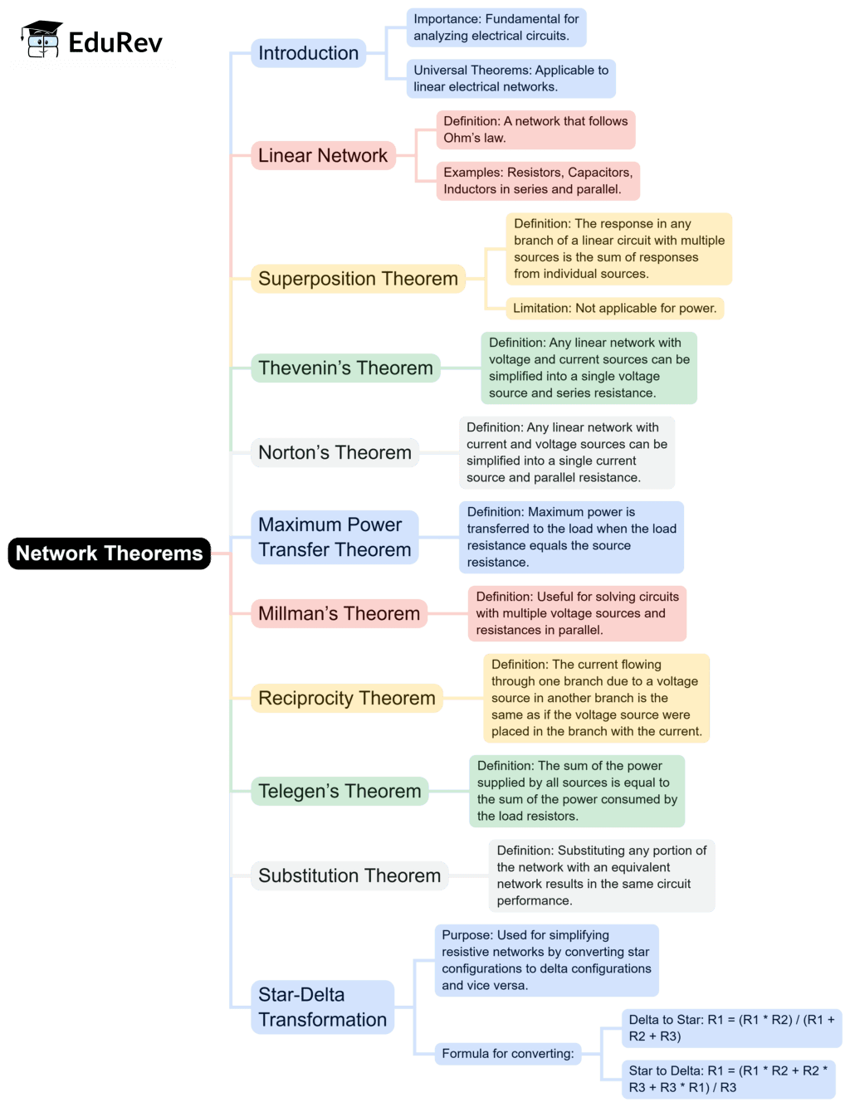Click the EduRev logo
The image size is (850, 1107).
(x=93, y=40)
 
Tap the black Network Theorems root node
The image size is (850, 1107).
(x=109, y=553)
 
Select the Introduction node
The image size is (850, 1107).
(x=308, y=53)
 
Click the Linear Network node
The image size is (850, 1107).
(x=322, y=155)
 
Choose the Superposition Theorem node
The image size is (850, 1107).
(x=358, y=279)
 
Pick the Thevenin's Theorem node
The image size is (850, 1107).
(x=345, y=368)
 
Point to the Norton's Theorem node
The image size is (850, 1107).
(x=335, y=452)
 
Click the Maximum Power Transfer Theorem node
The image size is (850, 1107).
(x=335, y=537)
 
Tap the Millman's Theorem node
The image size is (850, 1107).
(x=339, y=613)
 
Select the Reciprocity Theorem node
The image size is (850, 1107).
(x=346, y=698)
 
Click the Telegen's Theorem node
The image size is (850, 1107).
(x=340, y=791)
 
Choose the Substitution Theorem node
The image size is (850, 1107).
(x=349, y=875)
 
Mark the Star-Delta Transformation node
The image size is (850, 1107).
(x=322, y=1007)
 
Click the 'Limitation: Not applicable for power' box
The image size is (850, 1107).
(x=614, y=308)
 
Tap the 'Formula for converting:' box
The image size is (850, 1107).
(x=507, y=1054)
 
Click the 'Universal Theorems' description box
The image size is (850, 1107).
(x=510, y=78)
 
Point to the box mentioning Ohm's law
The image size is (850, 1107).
(x=535, y=129)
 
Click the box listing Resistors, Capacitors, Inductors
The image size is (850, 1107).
(x=538, y=181)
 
